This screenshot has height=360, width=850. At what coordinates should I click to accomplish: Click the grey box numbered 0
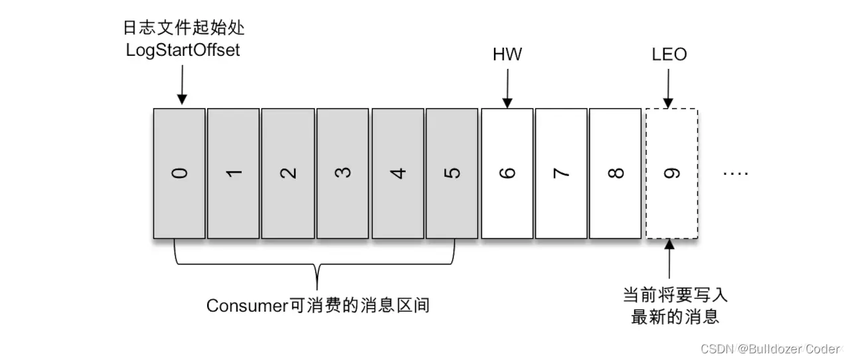[x=179, y=173]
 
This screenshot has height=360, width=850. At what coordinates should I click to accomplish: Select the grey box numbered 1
[x=233, y=173]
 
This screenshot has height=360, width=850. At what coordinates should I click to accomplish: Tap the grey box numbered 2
[x=288, y=173]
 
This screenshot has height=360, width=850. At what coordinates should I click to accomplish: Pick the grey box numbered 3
[x=343, y=173]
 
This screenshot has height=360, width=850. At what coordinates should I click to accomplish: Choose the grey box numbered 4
[x=398, y=173]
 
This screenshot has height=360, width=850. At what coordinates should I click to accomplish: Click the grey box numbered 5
[x=452, y=173]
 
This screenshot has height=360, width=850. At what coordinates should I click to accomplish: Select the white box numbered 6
[x=507, y=173]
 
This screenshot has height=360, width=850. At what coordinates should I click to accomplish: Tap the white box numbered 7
[x=561, y=173]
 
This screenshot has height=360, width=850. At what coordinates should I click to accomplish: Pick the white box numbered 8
[x=616, y=173]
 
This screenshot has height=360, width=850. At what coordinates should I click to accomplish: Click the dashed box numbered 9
[x=671, y=173]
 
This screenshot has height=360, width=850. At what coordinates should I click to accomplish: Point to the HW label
[x=507, y=54]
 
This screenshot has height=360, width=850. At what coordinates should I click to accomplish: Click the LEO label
[x=669, y=54]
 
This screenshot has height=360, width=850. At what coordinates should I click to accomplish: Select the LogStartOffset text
[x=183, y=50]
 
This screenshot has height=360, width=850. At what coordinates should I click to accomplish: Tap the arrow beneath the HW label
[x=507, y=88]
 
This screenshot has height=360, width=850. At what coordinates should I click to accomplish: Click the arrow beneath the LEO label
[x=669, y=88]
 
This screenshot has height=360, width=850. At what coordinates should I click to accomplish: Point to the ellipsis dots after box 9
[x=735, y=173]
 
